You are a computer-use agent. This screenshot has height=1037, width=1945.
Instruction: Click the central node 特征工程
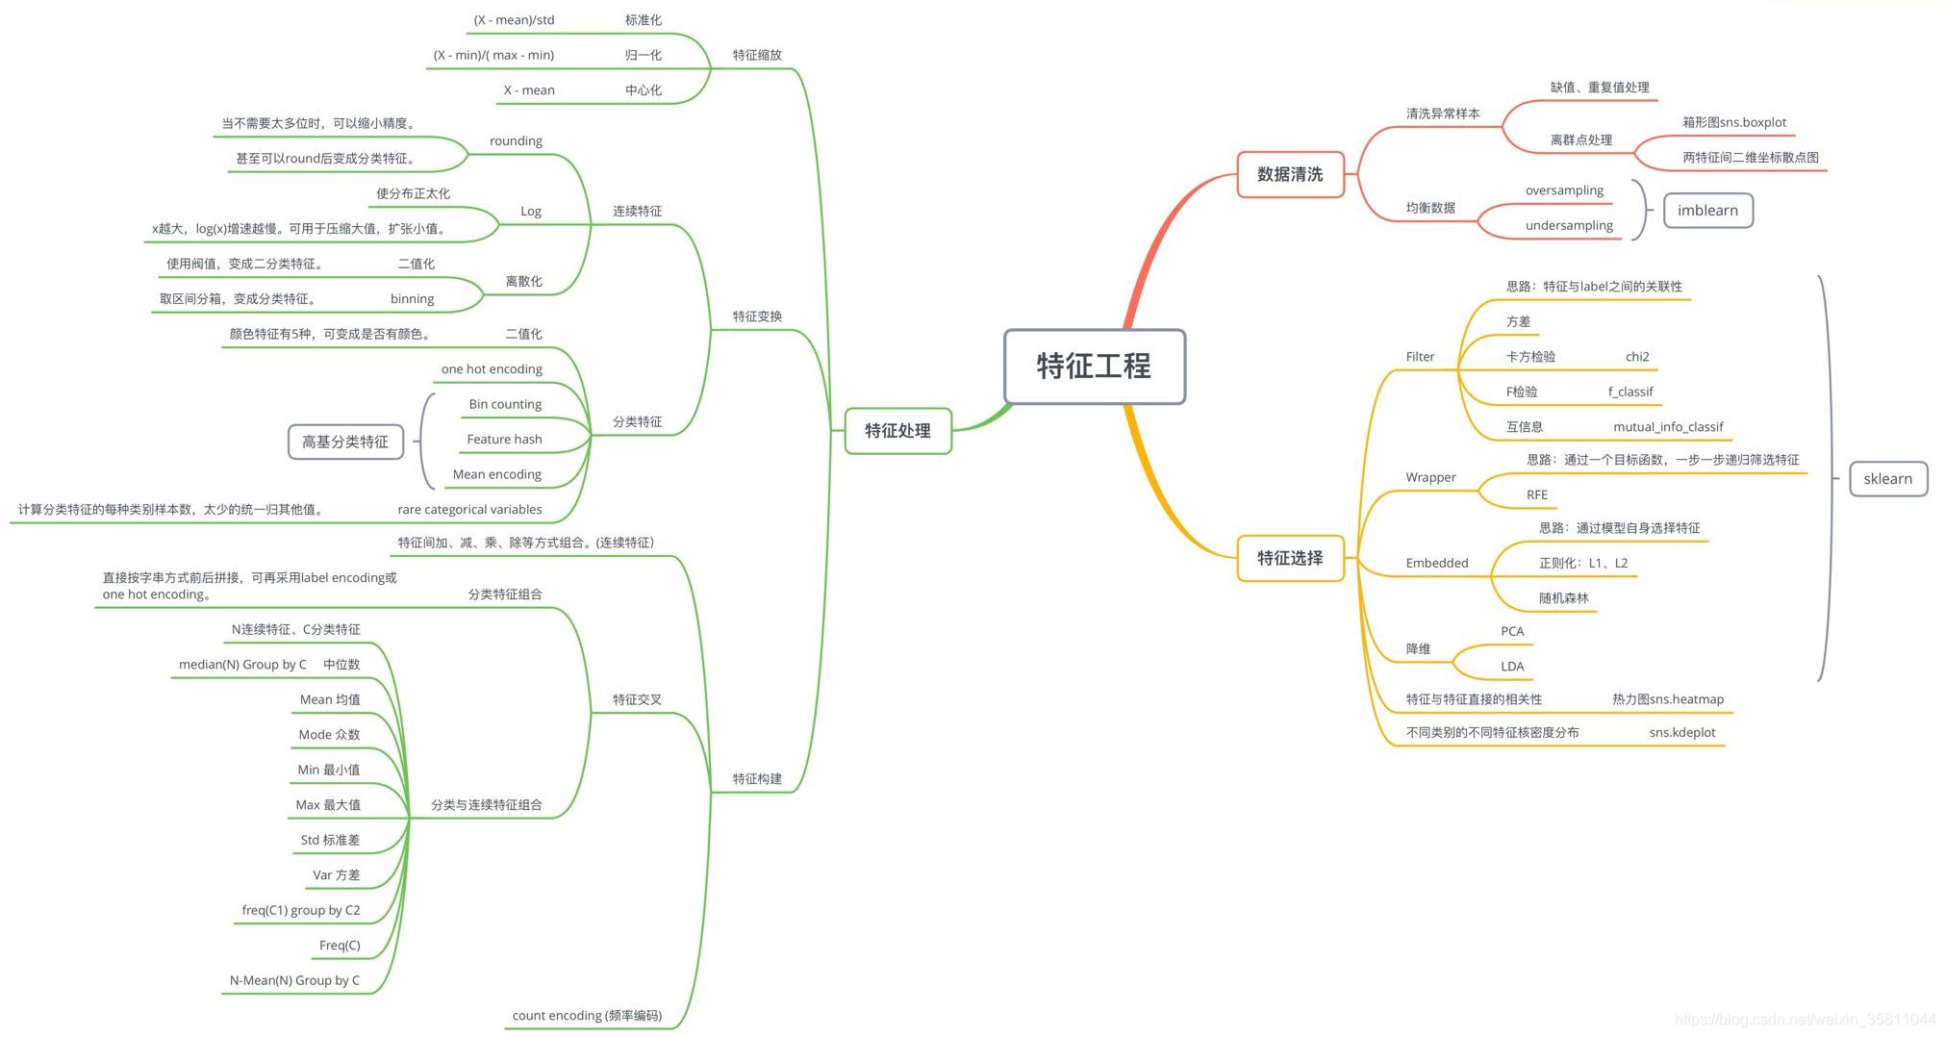1094,367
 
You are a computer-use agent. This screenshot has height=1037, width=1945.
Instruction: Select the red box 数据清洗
1289,174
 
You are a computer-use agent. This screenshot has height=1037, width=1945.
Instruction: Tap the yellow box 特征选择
1289,558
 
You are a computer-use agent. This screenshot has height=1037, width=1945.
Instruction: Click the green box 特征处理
897,431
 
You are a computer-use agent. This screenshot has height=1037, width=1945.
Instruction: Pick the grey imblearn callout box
1707,211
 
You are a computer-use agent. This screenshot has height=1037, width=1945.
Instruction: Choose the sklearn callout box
1887,479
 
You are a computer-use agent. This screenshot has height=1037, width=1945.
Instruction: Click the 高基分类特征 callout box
345,442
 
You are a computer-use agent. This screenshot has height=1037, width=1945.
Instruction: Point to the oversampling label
1564,190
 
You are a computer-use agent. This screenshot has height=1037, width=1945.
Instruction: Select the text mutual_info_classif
1668,427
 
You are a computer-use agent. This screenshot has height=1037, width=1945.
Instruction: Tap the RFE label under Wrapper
1536,495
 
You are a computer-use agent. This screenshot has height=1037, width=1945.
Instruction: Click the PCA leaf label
1512,632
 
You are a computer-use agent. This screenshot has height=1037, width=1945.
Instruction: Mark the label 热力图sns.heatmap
1668,699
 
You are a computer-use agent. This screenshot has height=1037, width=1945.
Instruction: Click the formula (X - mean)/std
514,20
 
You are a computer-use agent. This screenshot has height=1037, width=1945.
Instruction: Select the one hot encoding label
492,369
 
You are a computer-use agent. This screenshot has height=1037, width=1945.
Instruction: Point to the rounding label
516,141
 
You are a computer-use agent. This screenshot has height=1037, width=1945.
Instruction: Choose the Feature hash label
504,440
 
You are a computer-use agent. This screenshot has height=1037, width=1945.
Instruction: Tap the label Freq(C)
340,946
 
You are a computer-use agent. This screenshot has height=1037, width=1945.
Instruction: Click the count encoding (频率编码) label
587,1016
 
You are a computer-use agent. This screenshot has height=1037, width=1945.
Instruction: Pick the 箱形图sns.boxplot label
1733,122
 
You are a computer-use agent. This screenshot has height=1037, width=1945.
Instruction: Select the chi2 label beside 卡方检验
1637,357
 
